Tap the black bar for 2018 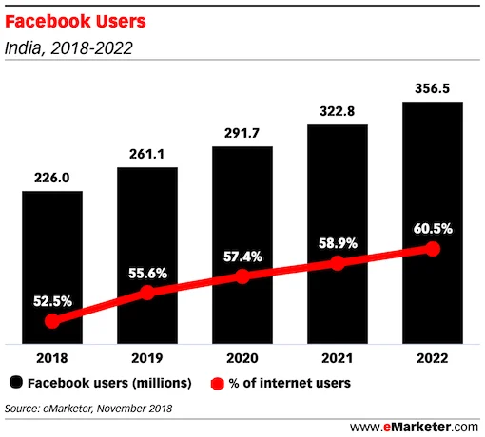(x=52, y=247)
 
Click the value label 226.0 (x=52, y=177)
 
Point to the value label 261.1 (x=147, y=153)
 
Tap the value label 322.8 (x=338, y=110)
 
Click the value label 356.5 (x=433, y=87)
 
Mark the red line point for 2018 (x=52, y=321)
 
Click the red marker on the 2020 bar (x=242, y=276)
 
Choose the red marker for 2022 (x=433, y=249)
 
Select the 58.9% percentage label (x=338, y=243)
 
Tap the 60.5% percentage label (x=433, y=228)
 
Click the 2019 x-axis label (x=147, y=358)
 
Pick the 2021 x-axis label (x=338, y=358)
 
